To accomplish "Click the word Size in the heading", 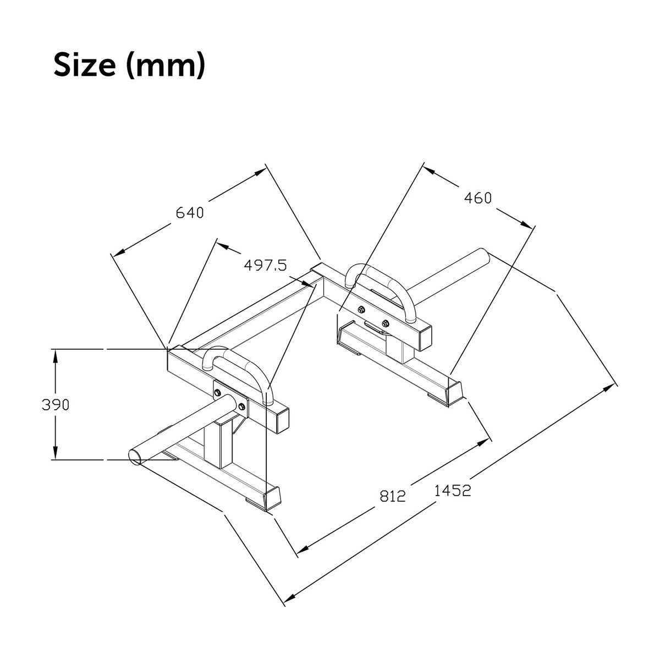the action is pyautogui.click(x=85, y=65).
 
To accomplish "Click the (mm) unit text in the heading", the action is pyautogui.click(x=166, y=65).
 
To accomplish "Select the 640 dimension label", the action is pyautogui.click(x=189, y=213).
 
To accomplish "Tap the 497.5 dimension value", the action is pyautogui.click(x=265, y=265).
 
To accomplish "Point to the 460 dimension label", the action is pyautogui.click(x=478, y=198).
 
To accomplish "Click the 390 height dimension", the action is pyautogui.click(x=56, y=405).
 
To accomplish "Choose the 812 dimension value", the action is pyautogui.click(x=393, y=496).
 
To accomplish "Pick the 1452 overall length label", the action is pyautogui.click(x=453, y=491).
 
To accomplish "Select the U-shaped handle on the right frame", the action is pyautogui.click(x=381, y=293).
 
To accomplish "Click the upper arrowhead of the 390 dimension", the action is pyautogui.click(x=56, y=356).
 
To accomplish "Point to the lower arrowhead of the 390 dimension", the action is pyautogui.click(x=56, y=453).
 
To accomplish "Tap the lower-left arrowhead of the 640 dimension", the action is pyautogui.click(x=118, y=253).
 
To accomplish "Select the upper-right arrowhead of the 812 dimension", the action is pyautogui.click(x=483, y=443).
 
